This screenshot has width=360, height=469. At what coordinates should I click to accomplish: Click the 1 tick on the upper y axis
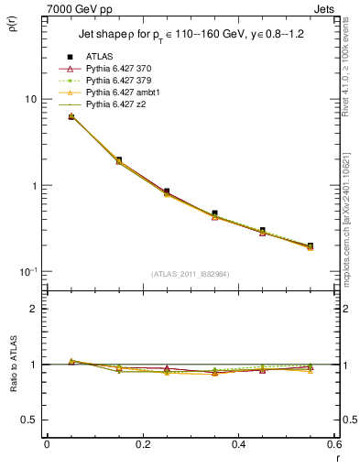(x=33, y=186)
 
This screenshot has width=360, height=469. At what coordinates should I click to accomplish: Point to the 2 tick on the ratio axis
(x=33, y=309)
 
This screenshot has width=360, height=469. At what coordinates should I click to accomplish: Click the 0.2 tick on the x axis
(x=142, y=444)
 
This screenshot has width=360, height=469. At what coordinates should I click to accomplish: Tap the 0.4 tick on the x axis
(x=238, y=444)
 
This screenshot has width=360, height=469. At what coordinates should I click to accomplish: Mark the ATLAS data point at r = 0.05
(x=71, y=116)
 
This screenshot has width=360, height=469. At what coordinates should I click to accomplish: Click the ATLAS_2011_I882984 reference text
(x=190, y=274)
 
